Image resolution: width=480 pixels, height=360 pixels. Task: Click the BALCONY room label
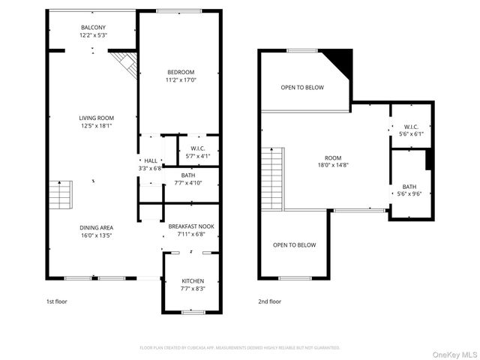tap(94, 28)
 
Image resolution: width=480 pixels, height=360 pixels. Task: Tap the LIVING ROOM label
tap(96, 118)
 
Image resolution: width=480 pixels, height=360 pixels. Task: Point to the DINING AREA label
tap(96, 226)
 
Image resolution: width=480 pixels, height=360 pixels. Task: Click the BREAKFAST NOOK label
tap(190, 226)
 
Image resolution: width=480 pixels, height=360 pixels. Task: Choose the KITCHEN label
tap(193, 280)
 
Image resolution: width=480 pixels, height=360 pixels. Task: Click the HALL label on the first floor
tap(151, 160)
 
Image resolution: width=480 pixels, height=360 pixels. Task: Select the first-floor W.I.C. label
tap(197, 148)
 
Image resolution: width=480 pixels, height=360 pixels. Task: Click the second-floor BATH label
tap(409, 187)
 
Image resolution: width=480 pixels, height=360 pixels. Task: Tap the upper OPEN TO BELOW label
tap(302, 88)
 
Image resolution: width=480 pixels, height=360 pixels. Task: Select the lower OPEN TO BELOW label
tap(294, 245)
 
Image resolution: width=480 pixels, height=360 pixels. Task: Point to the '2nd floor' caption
tap(269, 301)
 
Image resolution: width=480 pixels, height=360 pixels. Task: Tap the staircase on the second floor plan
tap(271, 178)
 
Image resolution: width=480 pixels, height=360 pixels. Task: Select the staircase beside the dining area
tap(59, 196)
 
